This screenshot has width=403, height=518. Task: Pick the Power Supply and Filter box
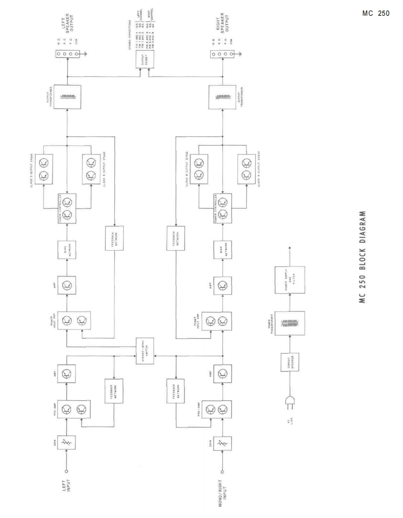click(290, 278)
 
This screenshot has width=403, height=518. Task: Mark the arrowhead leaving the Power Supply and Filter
click(290, 248)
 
